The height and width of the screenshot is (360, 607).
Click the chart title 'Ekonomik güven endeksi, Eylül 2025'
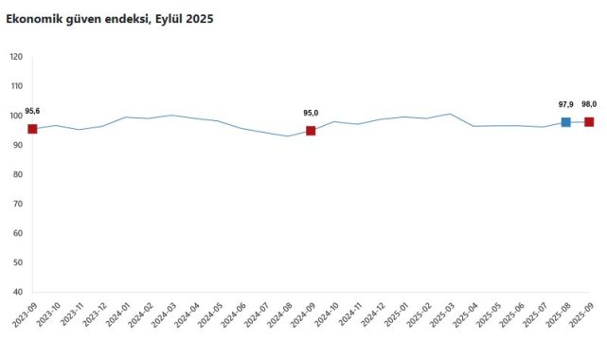coord(110,19)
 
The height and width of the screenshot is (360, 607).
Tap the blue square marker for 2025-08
coord(565,122)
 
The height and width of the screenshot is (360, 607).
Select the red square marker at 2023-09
coord(32,129)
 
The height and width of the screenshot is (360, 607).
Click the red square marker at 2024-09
coord(311,131)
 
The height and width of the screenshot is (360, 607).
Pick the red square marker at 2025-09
coord(589,121)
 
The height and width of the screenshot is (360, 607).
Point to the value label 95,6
coord(32,112)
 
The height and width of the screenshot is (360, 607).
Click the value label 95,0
coord(311,114)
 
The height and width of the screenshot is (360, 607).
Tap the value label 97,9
coord(565,104)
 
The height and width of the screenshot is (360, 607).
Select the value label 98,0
coord(589,104)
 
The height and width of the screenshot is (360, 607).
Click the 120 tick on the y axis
coord(15,57)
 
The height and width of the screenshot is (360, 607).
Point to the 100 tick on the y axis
coord(15,116)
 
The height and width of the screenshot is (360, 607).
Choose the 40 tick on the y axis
coord(17,292)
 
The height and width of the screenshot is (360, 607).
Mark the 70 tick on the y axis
coord(17,204)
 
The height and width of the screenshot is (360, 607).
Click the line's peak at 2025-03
coord(450,114)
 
